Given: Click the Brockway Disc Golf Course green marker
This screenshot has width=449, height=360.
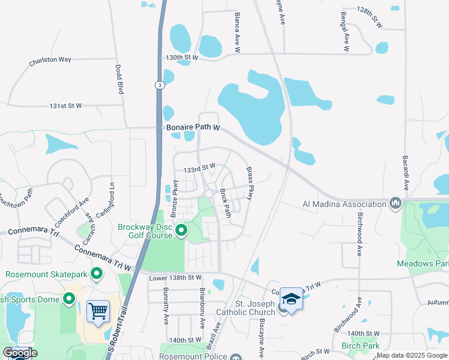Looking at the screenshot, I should pyautogui.click(x=181, y=230).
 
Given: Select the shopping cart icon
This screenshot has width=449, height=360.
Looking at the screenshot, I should pyautogui.click(x=98, y=311).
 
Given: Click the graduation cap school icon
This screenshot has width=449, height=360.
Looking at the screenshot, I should pyautogui.click(x=291, y=299).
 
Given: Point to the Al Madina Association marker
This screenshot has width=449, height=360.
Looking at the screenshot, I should pyautogui.click(x=395, y=204).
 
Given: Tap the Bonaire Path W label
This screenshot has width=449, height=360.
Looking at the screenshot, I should pyautogui.click(x=191, y=128).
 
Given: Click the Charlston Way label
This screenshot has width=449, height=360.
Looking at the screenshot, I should pyautogui.click(x=50, y=61).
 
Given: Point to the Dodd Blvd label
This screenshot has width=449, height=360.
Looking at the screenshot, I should pyautogui.click(x=119, y=79).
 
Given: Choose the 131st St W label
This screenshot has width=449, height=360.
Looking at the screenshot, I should pyautogui.click(x=65, y=106).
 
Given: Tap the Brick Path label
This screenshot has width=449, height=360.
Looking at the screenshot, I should pyautogui.click(x=226, y=203).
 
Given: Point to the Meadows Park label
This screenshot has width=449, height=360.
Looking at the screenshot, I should pyautogui.click(x=423, y=263).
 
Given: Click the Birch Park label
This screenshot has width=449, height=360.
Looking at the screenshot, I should pyautogui.click(x=360, y=346).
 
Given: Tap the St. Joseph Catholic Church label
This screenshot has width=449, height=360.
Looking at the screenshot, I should pyautogui.click(x=255, y=308).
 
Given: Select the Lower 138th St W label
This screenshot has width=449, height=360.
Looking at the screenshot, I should pyautogui.click(x=175, y=277).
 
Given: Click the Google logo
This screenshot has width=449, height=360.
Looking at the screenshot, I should pyautogui.click(x=20, y=353).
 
